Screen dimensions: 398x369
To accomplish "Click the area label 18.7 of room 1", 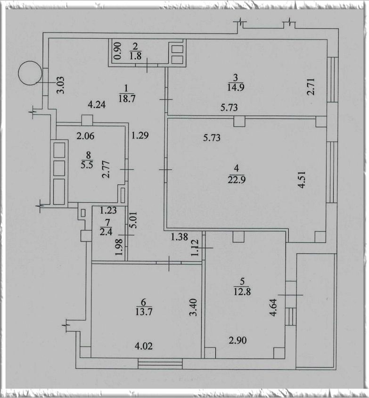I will [x=126, y=98].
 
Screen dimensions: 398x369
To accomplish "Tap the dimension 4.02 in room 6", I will [x=142, y=346].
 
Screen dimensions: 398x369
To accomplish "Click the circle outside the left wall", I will [x=29, y=74].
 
